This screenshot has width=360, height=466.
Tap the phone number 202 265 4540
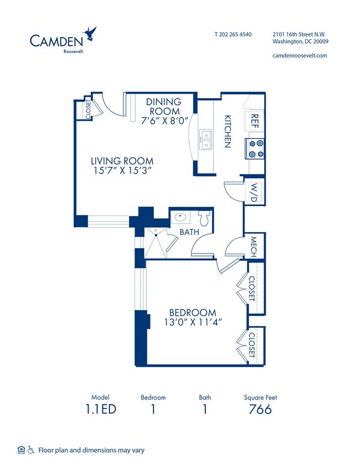(x=233, y=34)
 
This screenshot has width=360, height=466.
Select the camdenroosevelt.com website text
(x=300, y=55)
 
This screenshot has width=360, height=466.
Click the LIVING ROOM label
(x=122, y=161)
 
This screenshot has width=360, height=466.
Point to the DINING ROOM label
(x=163, y=106)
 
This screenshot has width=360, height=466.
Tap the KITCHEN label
(x=227, y=131)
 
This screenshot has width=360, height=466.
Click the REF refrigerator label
(x=255, y=121)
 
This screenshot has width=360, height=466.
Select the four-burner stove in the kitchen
(x=256, y=148)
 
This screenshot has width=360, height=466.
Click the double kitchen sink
(x=205, y=140)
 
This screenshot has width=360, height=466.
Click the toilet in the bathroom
(x=204, y=218)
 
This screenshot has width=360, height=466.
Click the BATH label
(x=189, y=232)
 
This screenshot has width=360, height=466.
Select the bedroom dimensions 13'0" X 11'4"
(x=193, y=322)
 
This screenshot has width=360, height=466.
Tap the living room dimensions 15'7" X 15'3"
(x=122, y=171)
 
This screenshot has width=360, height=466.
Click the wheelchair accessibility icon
(x=31, y=450)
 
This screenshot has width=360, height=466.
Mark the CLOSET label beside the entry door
(x=88, y=109)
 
